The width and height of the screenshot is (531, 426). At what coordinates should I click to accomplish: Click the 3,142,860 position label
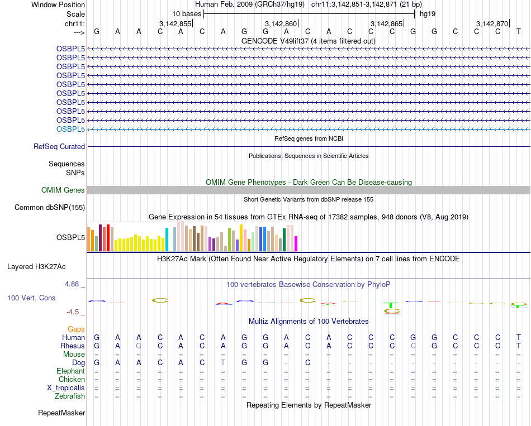tap(280, 23)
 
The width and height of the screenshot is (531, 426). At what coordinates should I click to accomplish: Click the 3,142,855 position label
tap(175, 23)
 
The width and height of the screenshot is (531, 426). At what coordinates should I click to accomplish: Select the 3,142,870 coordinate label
tap(492, 23)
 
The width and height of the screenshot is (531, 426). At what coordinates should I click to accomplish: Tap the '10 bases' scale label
tap(187, 13)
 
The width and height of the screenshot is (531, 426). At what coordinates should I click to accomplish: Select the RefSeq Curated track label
tap(59, 146)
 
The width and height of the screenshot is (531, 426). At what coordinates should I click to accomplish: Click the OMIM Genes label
tap(63, 190)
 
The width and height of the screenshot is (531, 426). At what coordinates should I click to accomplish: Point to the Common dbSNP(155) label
tap(50, 208)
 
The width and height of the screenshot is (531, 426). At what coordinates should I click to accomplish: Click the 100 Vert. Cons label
tap(31, 298)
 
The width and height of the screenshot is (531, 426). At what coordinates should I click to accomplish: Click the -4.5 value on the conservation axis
tap(74, 312)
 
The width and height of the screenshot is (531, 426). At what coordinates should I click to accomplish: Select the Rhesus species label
tap(73, 346)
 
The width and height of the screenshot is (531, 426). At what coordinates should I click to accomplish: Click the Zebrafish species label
tap(70, 396)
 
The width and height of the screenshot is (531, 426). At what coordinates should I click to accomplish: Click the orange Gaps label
tap(76, 329)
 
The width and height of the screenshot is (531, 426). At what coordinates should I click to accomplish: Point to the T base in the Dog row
tap(223, 363)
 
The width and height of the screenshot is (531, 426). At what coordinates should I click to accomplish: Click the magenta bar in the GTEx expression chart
tap(296, 243)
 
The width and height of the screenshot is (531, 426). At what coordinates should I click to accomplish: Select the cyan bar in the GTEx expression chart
tap(167, 240)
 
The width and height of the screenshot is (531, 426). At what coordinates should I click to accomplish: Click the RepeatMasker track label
tap(61, 413)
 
